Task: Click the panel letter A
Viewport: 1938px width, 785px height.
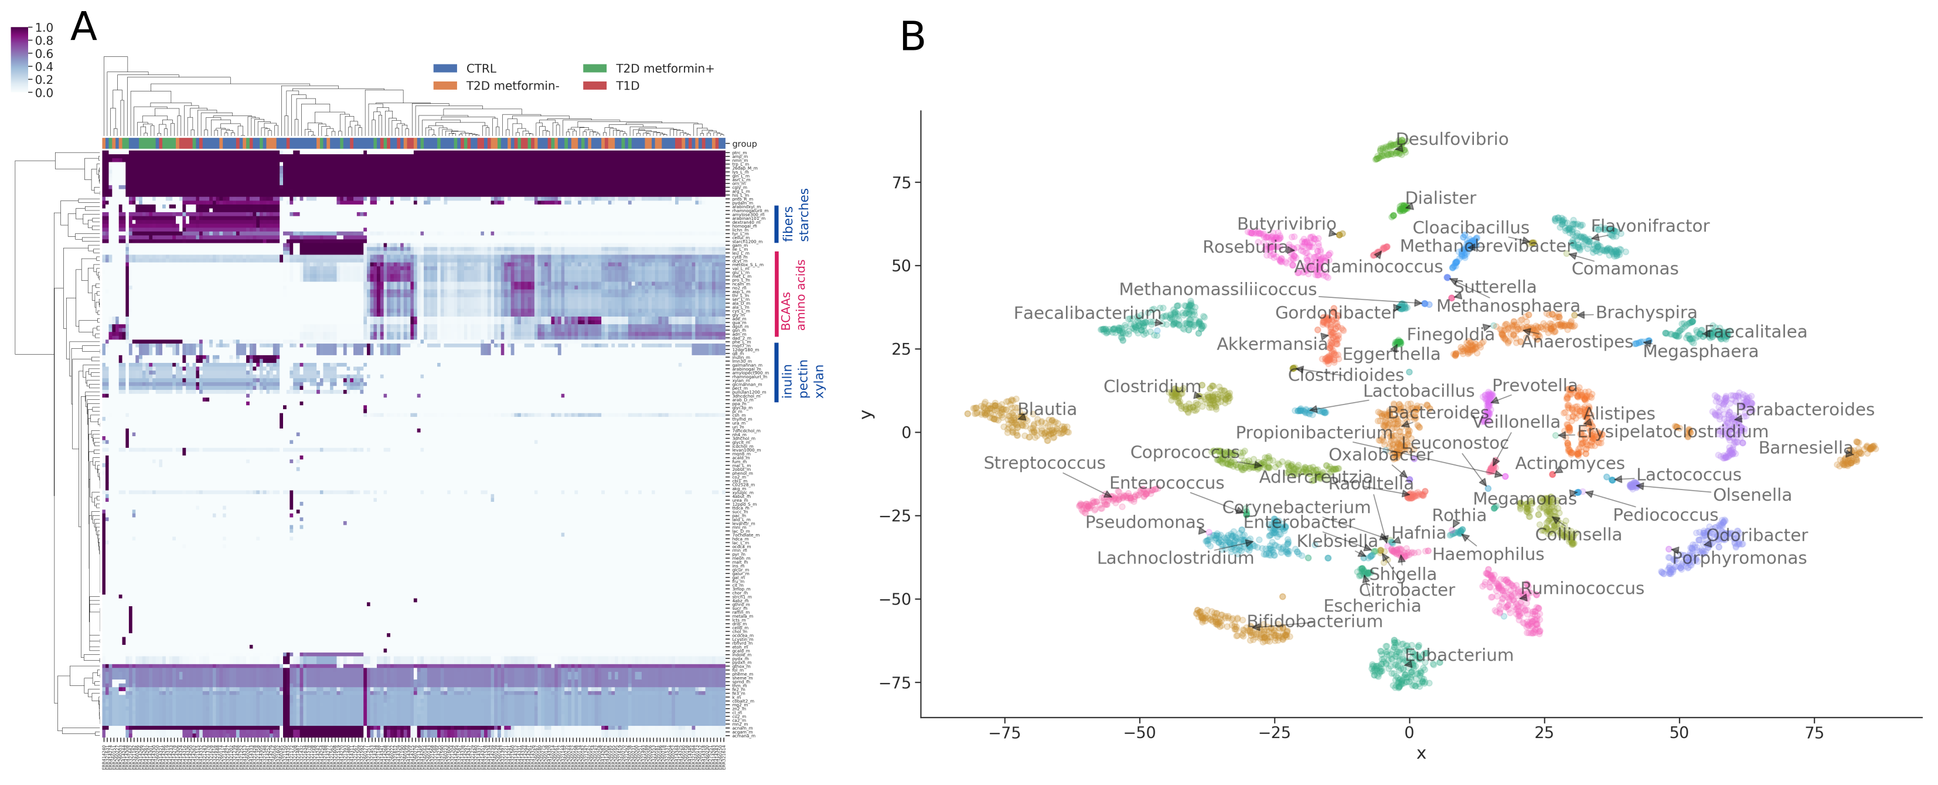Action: (x=83, y=28)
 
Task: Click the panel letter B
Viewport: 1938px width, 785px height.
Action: (x=912, y=37)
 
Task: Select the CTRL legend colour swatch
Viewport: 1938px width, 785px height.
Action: (x=445, y=69)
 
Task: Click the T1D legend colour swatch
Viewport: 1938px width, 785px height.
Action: (x=594, y=86)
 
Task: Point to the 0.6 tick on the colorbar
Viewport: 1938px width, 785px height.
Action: (x=43, y=54)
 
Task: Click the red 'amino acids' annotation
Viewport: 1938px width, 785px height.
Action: (x=801, y=295)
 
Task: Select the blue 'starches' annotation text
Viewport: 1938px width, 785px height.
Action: (x=804, y=215)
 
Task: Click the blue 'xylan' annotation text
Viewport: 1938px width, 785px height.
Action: (x=819, y=381)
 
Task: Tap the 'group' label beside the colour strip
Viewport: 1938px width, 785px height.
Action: (x=744, y=144)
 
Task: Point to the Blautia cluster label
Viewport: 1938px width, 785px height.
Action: (x=1047, y=409)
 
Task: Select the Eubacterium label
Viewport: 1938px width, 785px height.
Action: (x=1459, y=655)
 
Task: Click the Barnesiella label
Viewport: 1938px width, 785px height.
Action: (x=1805, y=448)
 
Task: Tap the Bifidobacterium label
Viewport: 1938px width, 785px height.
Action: (x=1314, y=621)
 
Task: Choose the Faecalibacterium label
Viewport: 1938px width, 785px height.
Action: (x=1086, y=313)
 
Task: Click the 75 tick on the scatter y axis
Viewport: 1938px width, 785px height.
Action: (x=901, y=183)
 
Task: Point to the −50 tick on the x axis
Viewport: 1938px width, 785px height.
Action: (x=1139, y=733)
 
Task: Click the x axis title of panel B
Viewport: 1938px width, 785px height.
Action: (x=1421, y=754)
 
